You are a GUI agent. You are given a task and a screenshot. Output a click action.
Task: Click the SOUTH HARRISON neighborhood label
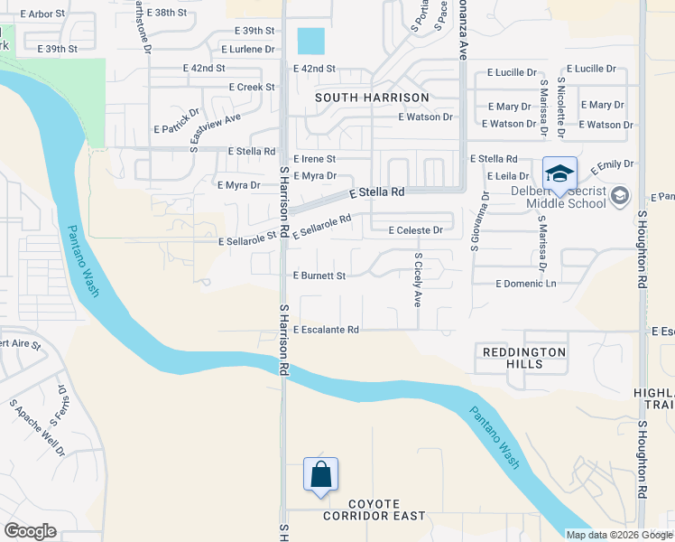(372, 97)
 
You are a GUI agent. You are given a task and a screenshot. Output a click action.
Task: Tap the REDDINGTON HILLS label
(524, 358)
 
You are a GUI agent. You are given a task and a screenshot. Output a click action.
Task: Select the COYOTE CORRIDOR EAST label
(361, 516)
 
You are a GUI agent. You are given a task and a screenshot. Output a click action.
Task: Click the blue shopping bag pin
(321, 475)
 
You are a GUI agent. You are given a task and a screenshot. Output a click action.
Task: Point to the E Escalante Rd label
(326, 330)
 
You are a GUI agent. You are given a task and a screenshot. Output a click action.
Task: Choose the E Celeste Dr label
(415, 230)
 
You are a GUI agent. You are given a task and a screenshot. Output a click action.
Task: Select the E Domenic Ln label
(526, 284)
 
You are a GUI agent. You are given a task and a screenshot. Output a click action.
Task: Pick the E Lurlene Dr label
(240, 49)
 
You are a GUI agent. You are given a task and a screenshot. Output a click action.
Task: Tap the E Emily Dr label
(612, 167)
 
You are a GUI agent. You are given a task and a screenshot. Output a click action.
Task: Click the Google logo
(30, 530)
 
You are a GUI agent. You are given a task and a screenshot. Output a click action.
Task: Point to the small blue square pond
(310, 41)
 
